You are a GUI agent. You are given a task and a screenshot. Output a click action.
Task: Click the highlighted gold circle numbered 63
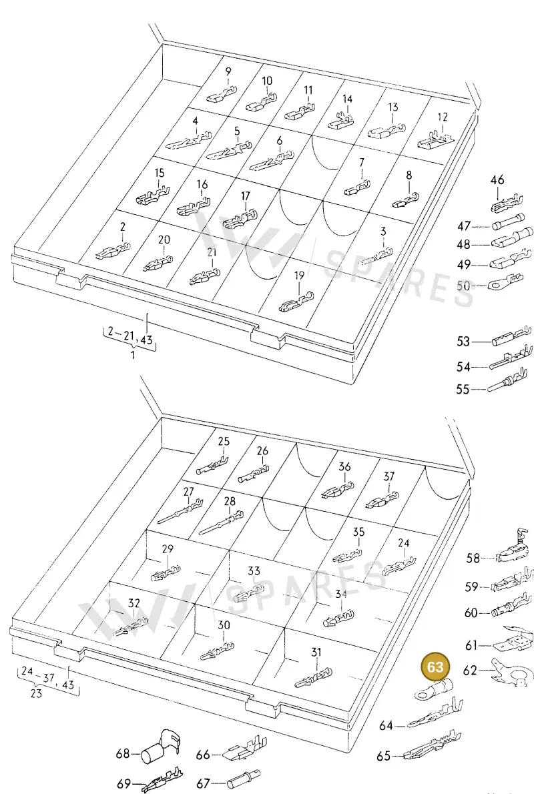pyautogui.click(x=435, y=667)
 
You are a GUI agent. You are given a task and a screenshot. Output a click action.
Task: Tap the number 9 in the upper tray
pyautogui.click(x=228, y=72)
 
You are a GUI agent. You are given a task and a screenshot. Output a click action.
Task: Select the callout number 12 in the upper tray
pyautogui.click(x=443, y=117)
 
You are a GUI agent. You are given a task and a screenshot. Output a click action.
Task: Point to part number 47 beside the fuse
pyautogui.click(x=463, y=226)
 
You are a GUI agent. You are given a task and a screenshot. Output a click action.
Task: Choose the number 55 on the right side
pyautogui.click(x=463, y=390)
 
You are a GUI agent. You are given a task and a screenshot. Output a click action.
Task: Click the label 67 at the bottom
pyautogui.click(x=203, y=783)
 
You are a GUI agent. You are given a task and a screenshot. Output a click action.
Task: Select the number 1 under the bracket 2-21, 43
pyautogui.click(x=133, y=355)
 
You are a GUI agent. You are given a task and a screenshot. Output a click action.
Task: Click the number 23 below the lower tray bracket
pyautogui.click(x=36, y=693)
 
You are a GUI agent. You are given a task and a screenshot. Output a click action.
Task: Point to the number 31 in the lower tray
pyautogui.click(x=316, y=653)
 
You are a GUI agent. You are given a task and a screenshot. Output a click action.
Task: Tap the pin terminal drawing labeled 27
pyautogui.click(x=182, y=510)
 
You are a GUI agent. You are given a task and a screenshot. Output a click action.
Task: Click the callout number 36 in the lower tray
pyautogui.click(x=344, y=466)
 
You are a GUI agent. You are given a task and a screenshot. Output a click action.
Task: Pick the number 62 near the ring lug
pyautogui.click(x=470, y=670)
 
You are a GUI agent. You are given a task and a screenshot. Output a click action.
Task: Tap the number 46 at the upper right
pyautogui.click(x=497, y=179)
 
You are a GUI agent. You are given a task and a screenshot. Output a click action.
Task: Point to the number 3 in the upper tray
pyautogui.click(x=383, y=232)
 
